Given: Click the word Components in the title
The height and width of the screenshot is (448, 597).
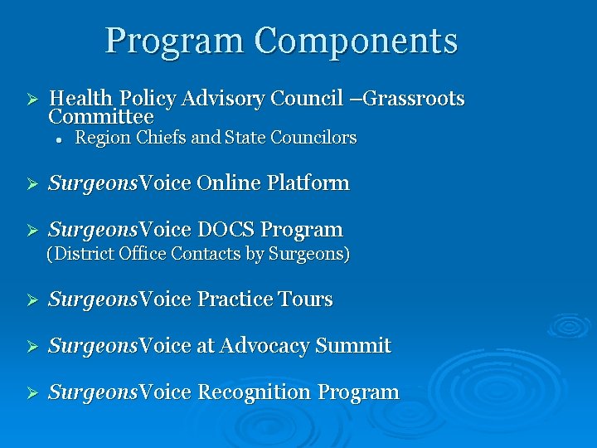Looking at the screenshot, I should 356,41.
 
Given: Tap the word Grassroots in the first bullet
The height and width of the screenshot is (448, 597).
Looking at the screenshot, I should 414,100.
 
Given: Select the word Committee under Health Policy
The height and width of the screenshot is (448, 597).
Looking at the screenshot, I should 100,118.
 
